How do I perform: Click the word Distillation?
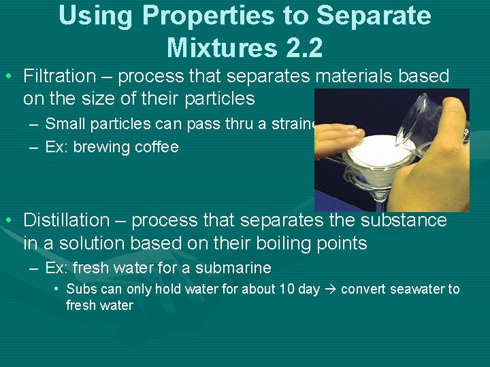[x=66, y=220]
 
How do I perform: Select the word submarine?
[x=234, y=268]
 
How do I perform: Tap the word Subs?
[x=80, y=289]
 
